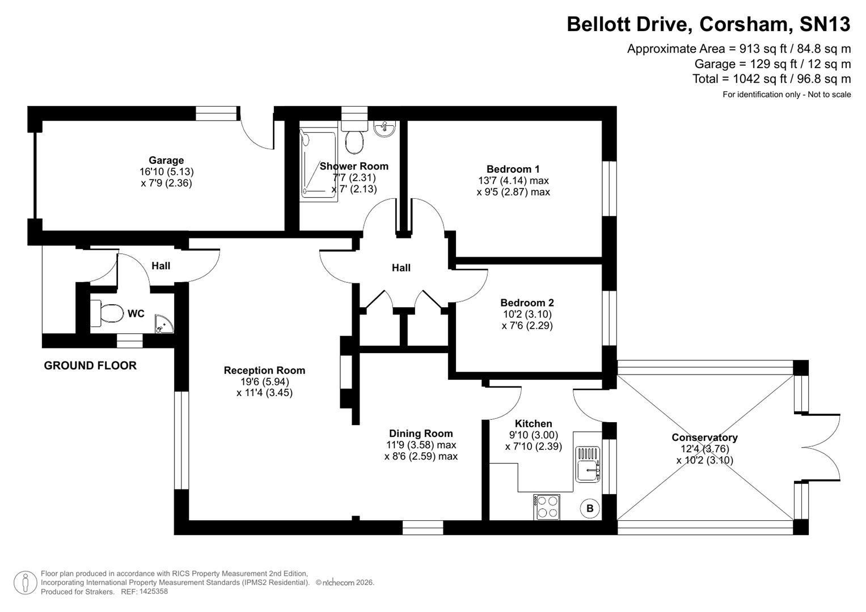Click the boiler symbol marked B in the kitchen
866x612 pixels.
(590, 508)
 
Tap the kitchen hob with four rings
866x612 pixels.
(546, 507)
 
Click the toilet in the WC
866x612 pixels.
(107, 313)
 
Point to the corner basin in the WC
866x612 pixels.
(164, 324)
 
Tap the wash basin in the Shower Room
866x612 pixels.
(385, 129)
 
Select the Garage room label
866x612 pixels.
(166, 160)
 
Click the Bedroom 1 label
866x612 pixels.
(513, 169)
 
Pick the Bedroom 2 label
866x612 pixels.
(527, 303)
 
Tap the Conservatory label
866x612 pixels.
(704, 437)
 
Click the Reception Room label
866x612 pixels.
(264, 370)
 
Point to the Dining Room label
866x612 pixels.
(421, 433)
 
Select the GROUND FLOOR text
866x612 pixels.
(90, 365)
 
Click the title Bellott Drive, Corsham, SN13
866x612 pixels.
(708, 24)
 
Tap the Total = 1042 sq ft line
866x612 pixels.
(771, 79)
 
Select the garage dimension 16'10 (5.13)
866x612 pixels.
(166, 172)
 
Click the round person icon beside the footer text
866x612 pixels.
(25, 583)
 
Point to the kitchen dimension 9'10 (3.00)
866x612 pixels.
(533, 435)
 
